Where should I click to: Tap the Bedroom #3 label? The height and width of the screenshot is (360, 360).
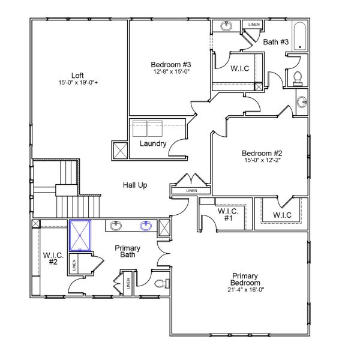click(x=171, y=64)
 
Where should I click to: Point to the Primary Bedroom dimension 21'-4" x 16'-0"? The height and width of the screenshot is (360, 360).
click(x=246, y=290)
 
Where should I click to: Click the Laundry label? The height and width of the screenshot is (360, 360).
click(x=152, y=144)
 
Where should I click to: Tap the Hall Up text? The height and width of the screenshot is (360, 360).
click(x=135, y=185)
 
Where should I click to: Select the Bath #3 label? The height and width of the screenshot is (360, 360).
click(x=277, y=41)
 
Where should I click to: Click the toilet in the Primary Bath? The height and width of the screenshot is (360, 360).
click(x=161, y=283)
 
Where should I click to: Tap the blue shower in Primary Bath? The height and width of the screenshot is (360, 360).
click(x=80, y=235)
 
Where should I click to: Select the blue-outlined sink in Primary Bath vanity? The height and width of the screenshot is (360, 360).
click(x=145, y=226)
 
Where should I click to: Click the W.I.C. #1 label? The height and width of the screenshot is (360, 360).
click(x=228, y=215)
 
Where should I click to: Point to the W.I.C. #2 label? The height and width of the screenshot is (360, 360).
click(x=50, y=259)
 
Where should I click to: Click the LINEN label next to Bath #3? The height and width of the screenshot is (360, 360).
click(x=253, y=25)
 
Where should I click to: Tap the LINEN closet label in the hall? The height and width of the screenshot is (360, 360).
click(x=191, y=191)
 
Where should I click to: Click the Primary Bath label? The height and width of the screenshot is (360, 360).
click(x=127, y=251)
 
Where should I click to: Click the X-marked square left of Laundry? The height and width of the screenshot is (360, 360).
click(x=119, y=149)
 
